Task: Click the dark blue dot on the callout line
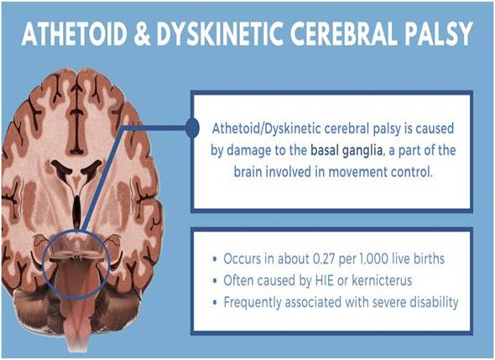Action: point(191,128)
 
